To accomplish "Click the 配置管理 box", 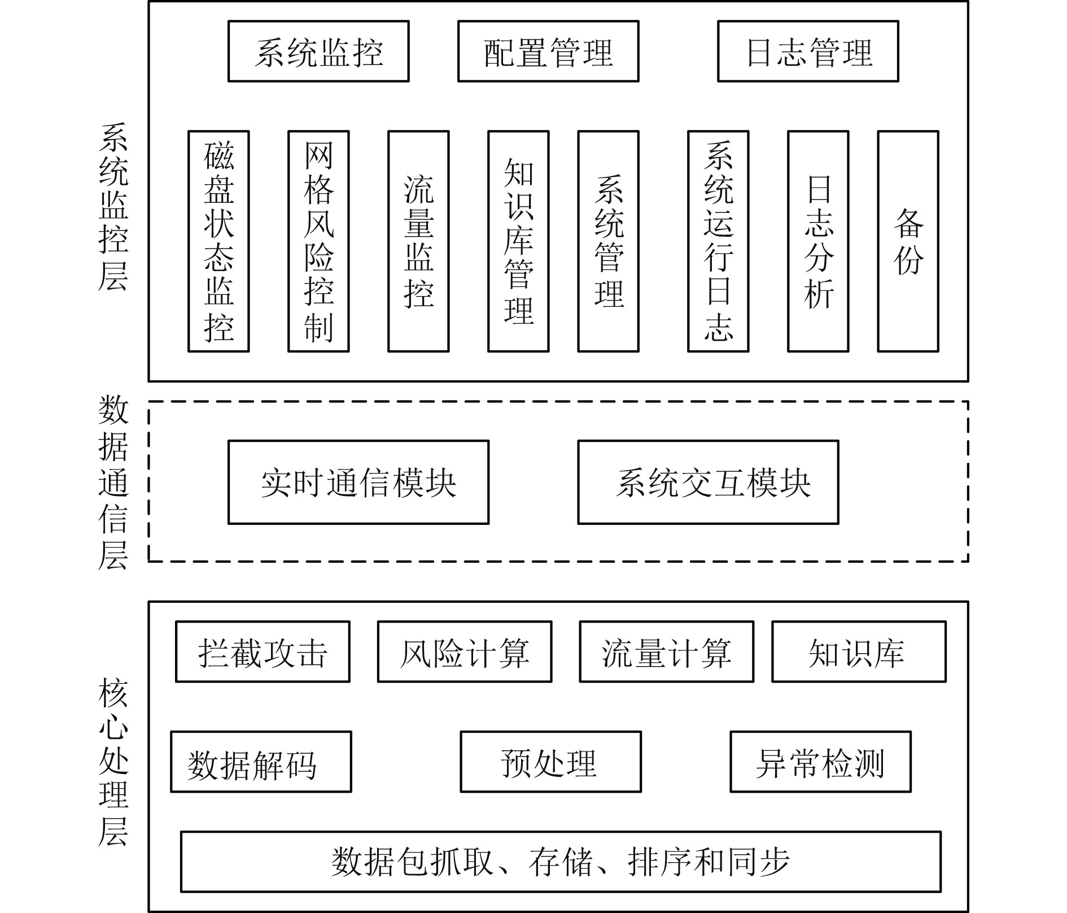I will click(x=548, y=51).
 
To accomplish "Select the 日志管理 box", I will click(x=807, y=51).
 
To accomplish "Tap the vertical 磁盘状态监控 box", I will click(x=218, y=241).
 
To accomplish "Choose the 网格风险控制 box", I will click(x=318, y=241).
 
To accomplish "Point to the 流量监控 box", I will click(x=418, y=241).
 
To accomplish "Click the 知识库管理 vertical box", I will click(x=518, y=241).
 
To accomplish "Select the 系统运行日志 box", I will click(x=718, y=241).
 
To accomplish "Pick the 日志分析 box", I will click(x=818, y=241).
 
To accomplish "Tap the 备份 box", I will click(x=908, y=241).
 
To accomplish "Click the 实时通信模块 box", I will click(x=358, y=482).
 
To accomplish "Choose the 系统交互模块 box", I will click(x=708, y=482).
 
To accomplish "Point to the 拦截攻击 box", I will click(x=263, y=651).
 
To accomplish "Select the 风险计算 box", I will click(x=465, y=651).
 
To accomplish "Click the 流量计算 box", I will click(x=666, y=651).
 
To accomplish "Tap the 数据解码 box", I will click(x=261, y=762).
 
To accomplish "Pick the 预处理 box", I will click(x=550, y=762).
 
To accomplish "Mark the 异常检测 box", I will click(x=820, y=762).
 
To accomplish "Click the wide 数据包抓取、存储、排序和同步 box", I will click(x=561, y=862).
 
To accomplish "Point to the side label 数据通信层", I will click(x=113, y=482).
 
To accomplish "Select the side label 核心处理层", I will click(x=113, y=763).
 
